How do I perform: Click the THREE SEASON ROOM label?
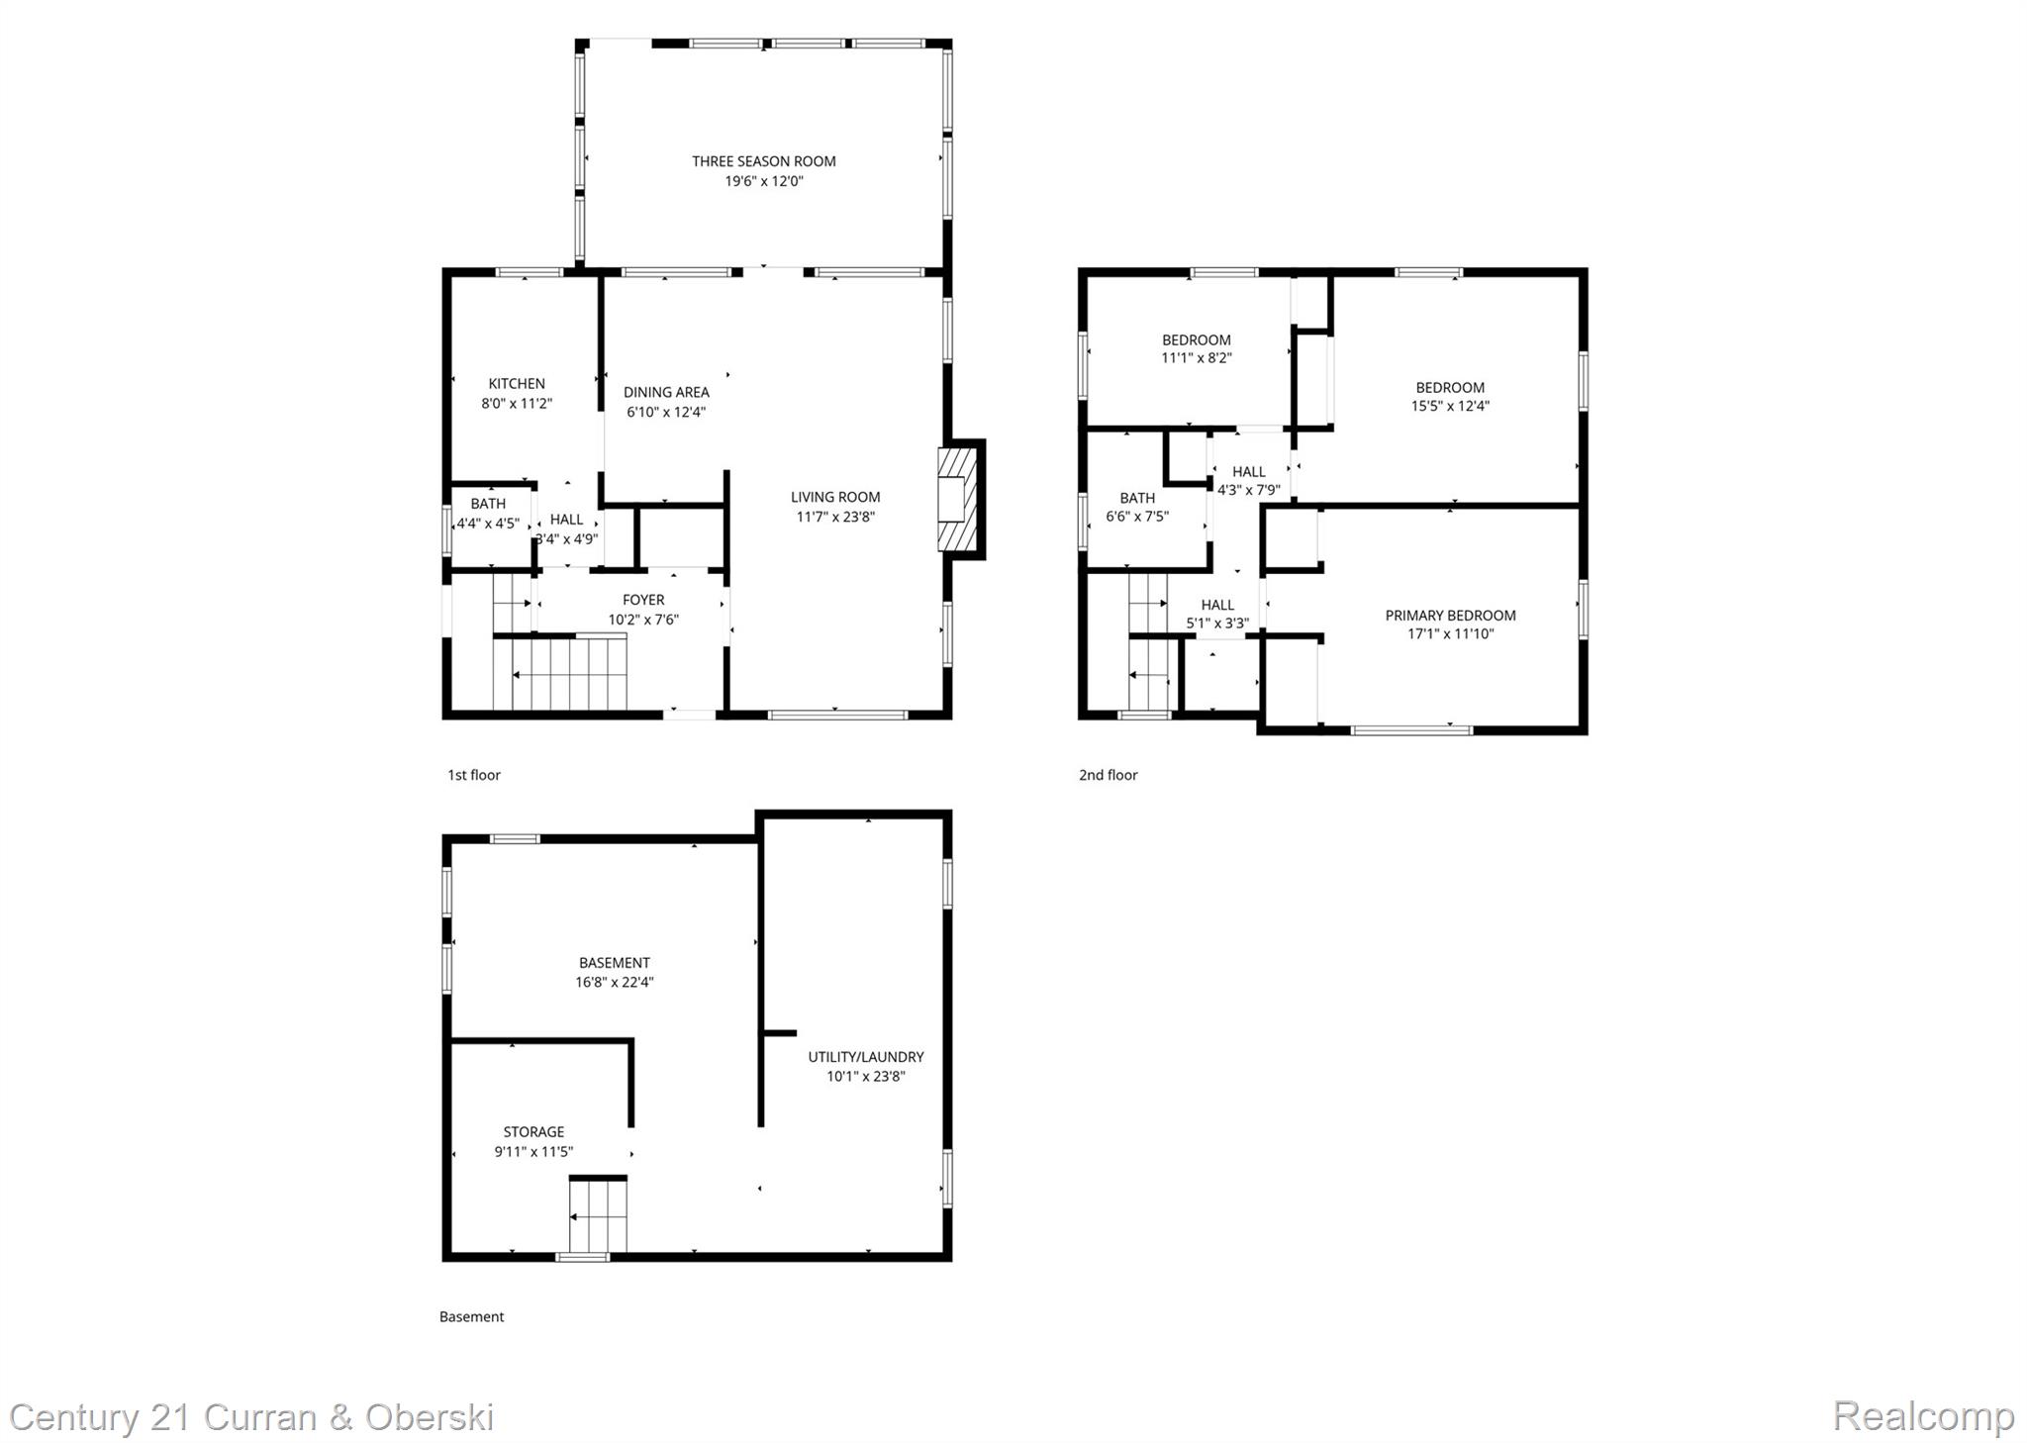[763, 161]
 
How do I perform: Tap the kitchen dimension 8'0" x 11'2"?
[517, 404]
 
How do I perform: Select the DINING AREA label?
[666, 392]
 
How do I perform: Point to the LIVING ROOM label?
[835, 497]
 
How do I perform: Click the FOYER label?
[643, 600]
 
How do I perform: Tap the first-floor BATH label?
[488, 504]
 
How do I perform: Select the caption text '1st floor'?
[474, 775]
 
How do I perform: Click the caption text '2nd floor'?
[1108, 775]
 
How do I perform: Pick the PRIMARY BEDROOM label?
[1450, 616]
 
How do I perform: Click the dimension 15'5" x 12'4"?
[1450, 406]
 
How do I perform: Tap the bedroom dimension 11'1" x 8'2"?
[1197, 358]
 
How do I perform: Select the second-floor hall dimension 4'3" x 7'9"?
[1248, 490]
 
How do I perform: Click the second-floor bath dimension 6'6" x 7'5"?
[1137, 517]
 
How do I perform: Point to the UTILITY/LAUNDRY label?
[865, 1057]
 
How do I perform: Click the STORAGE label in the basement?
[533, 1132]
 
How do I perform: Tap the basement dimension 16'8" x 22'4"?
[614, 983]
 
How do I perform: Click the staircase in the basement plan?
[598, 1216]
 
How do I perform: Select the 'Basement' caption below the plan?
[471, 1316]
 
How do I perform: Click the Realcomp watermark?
[1922, 1416]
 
